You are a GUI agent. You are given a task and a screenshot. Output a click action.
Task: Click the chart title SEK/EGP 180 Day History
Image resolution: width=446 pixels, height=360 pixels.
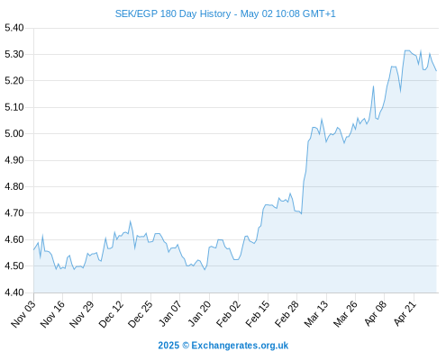[x=173, y=13]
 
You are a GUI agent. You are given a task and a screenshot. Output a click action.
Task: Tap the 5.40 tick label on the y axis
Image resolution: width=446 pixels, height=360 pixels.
[x=14, y=28]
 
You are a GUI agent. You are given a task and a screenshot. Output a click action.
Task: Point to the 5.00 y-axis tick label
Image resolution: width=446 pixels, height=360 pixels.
[x=14, y=133]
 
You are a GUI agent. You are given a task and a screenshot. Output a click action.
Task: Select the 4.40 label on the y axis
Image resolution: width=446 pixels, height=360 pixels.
[x=14, y=292]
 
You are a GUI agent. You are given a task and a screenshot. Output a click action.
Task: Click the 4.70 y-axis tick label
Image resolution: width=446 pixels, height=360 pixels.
[x=14, y=213]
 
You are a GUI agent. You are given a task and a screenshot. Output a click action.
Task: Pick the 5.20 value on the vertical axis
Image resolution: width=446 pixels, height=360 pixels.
[x=14, y=81]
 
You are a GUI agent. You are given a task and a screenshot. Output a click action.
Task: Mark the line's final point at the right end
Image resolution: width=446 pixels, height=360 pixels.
[x=436, y=71]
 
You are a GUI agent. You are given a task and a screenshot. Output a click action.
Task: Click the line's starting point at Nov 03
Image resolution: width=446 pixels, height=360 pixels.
[x=33, y=249]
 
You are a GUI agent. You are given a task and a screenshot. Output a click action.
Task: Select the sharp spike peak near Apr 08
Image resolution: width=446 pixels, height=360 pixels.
[x=373, y=86]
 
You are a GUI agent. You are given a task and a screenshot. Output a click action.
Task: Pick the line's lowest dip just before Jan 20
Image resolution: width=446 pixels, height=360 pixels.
[x=205, y=270]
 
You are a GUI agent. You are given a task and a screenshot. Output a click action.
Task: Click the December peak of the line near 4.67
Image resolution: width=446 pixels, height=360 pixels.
[x=131, y=221]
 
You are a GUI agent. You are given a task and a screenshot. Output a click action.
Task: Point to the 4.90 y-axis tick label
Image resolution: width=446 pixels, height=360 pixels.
[x=14, y=160]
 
